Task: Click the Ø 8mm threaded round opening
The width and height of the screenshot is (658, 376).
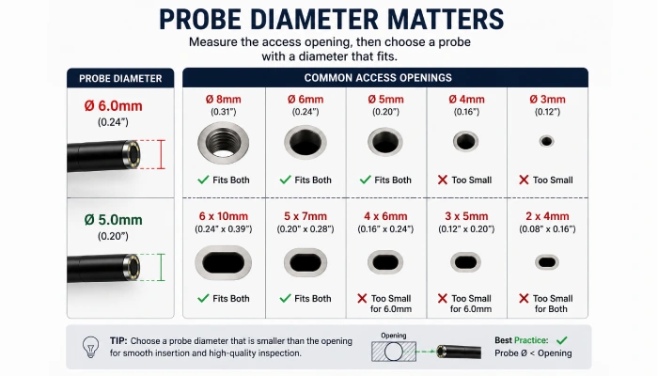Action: (224, 143)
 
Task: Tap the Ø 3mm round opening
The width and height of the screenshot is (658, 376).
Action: (546, 141)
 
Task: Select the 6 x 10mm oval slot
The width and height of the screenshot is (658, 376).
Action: (224, 262)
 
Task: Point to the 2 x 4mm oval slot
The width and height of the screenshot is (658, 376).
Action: (547, 262)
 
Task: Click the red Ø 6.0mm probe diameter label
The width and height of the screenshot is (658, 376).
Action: (114, 105)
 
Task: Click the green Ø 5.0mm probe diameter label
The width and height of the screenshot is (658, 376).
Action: (114, 219)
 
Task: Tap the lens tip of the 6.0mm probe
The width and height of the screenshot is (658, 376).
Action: (132, 154)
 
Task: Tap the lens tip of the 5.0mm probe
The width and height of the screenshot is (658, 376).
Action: (133, 267)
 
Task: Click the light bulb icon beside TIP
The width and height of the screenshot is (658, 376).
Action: (90, 347)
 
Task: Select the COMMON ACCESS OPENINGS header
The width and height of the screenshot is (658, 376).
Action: (378, 78)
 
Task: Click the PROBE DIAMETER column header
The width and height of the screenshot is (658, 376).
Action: (120, 78)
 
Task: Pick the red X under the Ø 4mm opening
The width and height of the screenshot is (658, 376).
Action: (443, 180)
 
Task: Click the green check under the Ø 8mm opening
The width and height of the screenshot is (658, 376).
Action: (203, 180)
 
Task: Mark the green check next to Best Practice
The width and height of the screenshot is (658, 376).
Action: (562, 340)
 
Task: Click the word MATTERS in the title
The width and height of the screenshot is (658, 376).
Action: (446, 20)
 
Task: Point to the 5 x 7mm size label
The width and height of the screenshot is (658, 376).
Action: (305, 216)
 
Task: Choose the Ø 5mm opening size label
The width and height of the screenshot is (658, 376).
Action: (385, 100)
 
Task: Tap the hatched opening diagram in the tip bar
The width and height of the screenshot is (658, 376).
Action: (394, 352)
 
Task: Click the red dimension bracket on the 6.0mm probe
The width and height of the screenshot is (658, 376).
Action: (162, 154)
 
